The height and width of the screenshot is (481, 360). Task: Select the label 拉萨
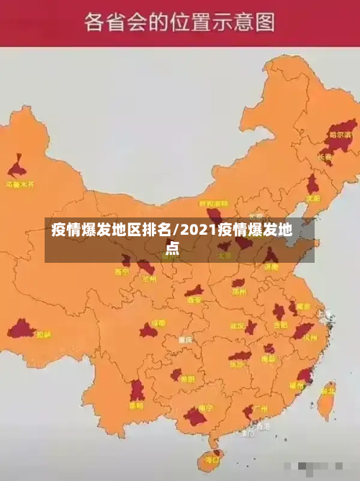44,335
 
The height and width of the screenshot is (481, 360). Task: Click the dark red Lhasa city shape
21,331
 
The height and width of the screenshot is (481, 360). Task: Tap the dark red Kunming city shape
137,391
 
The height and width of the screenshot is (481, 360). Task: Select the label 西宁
122,272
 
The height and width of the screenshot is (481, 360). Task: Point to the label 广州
261,408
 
